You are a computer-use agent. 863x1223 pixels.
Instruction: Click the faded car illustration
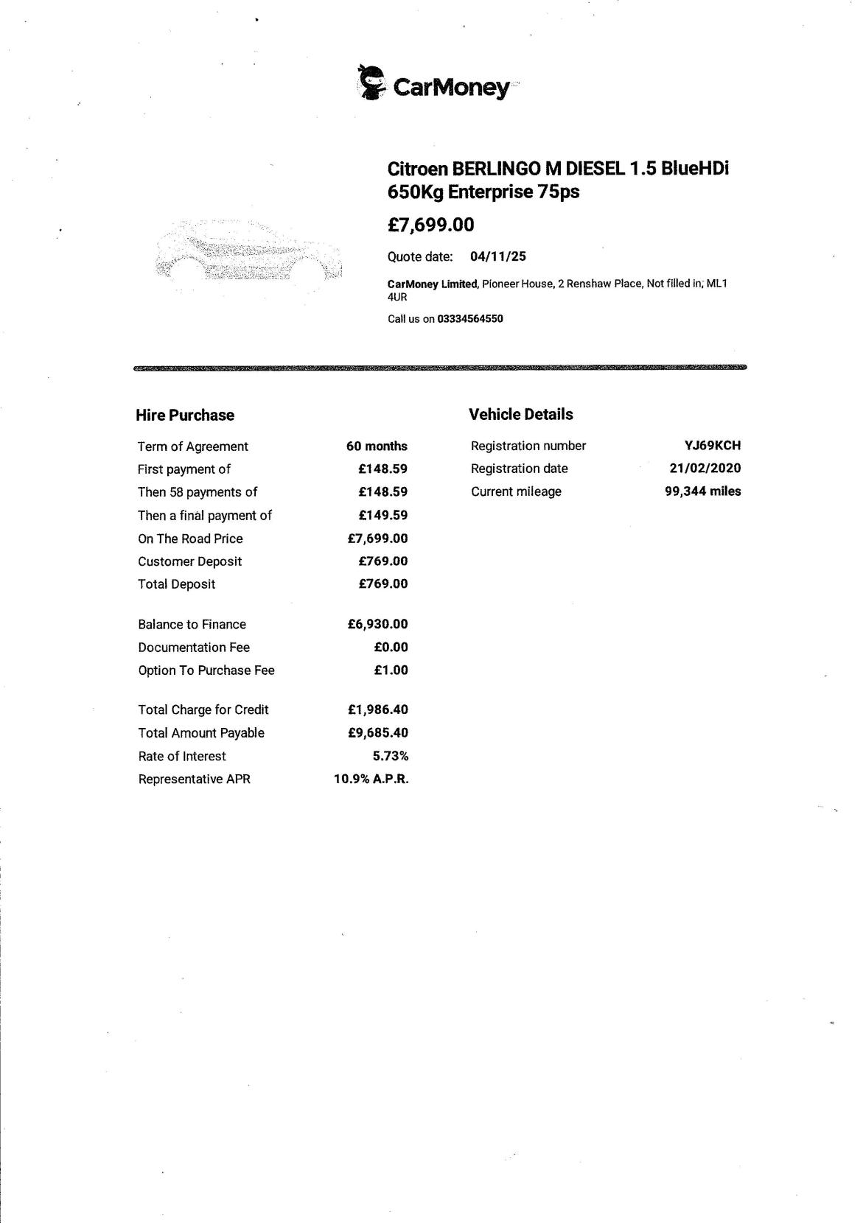coord(249,255)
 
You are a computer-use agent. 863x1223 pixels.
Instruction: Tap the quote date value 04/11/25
coord(497,256)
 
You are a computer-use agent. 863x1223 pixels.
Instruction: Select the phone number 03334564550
coord(469,319)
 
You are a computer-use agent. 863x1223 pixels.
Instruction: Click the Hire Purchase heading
coord(185,416)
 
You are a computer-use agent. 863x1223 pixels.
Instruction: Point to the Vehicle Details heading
coord(520,415)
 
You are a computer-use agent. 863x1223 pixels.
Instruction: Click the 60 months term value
coord(377,446)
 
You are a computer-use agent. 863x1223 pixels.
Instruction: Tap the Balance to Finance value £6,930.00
coord(377,625)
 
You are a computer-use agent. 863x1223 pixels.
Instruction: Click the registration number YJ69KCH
coord(712,446)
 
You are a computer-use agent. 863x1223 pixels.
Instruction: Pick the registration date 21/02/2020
coord(705,469)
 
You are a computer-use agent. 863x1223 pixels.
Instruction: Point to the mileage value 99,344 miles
coord(702,491)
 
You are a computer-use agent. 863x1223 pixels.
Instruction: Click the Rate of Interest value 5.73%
coord(390,757)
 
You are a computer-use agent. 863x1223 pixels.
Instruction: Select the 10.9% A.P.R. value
coord(371,779)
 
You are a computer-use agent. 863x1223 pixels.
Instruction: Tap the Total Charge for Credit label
coord(203,710)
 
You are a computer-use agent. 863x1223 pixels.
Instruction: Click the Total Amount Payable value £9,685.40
coord(377,733)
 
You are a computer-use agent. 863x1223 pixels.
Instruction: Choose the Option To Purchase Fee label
coord(206,670)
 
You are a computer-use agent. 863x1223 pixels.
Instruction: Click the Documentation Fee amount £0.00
coord(391,648)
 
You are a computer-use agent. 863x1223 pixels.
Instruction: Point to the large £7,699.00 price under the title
coord(431,225)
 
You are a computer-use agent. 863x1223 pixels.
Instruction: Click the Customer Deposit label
coord(189,561)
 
